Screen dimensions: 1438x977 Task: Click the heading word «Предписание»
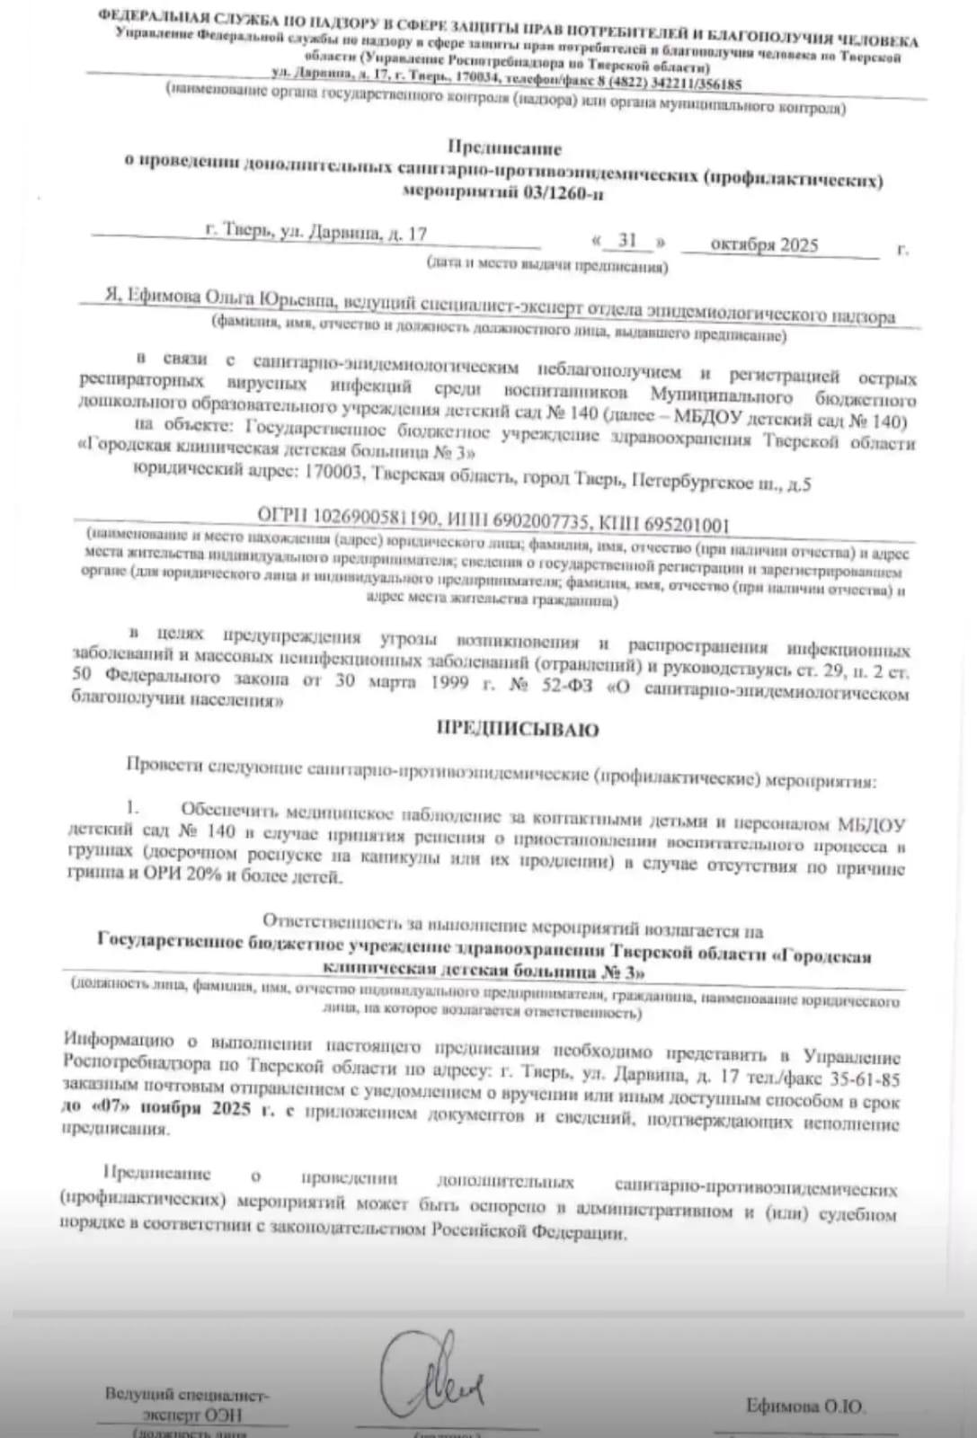point(504,147)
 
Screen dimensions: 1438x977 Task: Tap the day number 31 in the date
point(627,240)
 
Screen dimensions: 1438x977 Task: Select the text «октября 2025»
point(763,244)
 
